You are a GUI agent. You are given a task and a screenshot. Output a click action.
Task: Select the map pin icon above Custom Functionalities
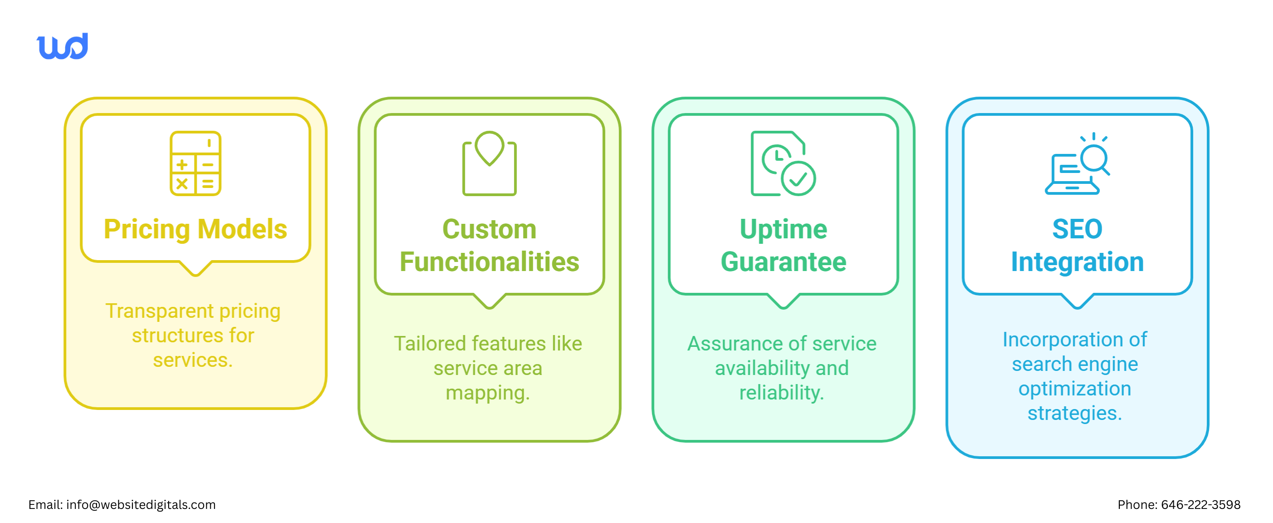[x=489, y=148]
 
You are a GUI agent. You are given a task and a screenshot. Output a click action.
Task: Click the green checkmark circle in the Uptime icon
[x=798, y=178]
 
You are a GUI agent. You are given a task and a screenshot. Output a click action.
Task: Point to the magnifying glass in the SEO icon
[x=1094, y=160]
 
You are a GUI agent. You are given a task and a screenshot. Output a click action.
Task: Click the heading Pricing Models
[x=195, y=229]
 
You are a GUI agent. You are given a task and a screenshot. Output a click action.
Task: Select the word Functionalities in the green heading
[x=489, y=262]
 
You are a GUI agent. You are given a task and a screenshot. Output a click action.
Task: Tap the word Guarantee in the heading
[x=783, y=262]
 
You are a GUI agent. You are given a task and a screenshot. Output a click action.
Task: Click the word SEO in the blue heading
[x=1077, y=229]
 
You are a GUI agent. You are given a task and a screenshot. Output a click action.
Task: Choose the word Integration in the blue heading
[x=1077, y=262]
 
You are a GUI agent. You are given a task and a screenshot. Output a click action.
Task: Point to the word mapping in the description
[x=487, y=393]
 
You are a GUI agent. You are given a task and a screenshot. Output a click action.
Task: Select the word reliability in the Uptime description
[x=781, y=393]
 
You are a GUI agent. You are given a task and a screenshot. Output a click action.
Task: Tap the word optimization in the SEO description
[x=1074, y=389]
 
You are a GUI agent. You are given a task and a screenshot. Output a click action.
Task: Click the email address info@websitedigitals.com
[x=141, y=505]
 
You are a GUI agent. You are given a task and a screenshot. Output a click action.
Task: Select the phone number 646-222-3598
[x=1200, y=505]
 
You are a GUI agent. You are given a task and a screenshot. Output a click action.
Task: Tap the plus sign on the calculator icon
[x=182, y=165]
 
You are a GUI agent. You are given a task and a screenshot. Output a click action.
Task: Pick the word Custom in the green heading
[x=489, y=229]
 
